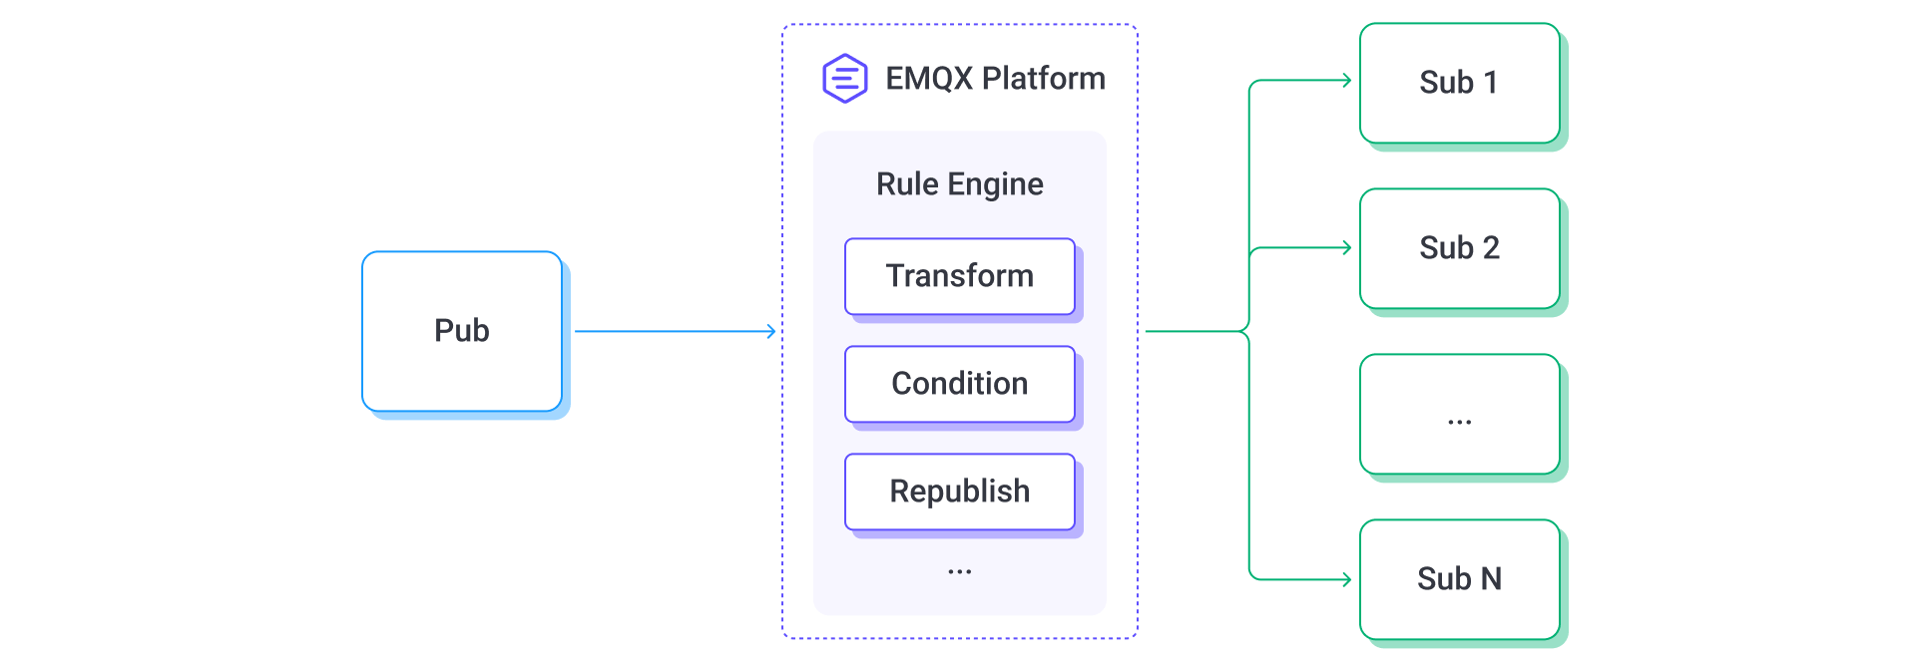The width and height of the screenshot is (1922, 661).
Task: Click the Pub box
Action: click(461, 331)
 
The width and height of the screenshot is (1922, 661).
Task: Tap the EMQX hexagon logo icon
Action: click(844, 78)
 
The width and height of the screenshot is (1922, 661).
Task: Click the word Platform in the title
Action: click(1043, 78)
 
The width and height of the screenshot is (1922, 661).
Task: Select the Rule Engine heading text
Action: click(959, 184)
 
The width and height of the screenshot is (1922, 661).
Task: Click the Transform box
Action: click(959, 276)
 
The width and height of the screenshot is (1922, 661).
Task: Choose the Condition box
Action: click(959, 384)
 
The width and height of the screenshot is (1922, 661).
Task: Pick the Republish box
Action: click(959, 492)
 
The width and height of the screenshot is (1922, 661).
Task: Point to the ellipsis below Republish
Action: click(959, 572)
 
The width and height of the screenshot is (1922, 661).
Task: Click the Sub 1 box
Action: click(1459, 83)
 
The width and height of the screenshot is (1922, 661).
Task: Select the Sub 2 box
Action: click(1459, 248)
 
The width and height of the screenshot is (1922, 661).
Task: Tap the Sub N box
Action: click(1459, 579)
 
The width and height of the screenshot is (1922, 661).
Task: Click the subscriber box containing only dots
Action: click(1459, 414)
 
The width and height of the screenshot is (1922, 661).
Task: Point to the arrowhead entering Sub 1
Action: click(1347, 81)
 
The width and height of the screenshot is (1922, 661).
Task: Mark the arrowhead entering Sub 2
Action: click(1347, 248)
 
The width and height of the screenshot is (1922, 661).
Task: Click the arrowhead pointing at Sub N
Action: click(1347, 579)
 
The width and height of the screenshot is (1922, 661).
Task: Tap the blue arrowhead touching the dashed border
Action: click(771, 331)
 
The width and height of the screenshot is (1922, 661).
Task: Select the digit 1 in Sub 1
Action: click(1490, 83)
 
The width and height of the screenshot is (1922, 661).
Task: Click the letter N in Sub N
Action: click(1491, 579)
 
